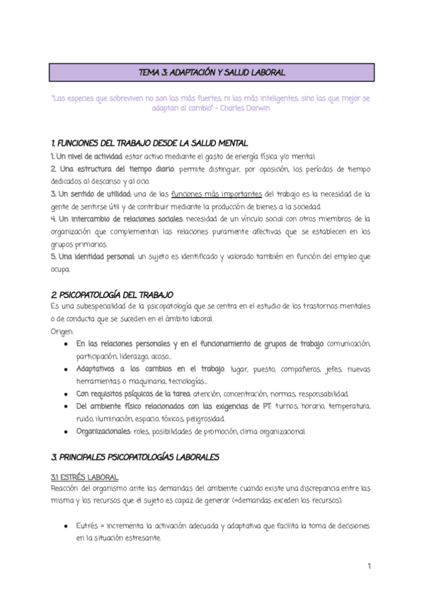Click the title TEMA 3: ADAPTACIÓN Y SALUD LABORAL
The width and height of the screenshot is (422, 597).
[x=210, y=73]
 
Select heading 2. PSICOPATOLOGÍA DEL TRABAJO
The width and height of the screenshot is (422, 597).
[x=112, y=293]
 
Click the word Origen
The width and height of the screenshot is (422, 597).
[x=62, y=331]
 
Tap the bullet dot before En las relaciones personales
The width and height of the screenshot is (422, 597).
[x=66, y=344]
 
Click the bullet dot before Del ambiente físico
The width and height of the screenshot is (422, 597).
[x=66, y=406]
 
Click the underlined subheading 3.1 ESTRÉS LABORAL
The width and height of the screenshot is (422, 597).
[x=84, y=477]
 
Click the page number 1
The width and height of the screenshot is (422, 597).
[x=369, y=566]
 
